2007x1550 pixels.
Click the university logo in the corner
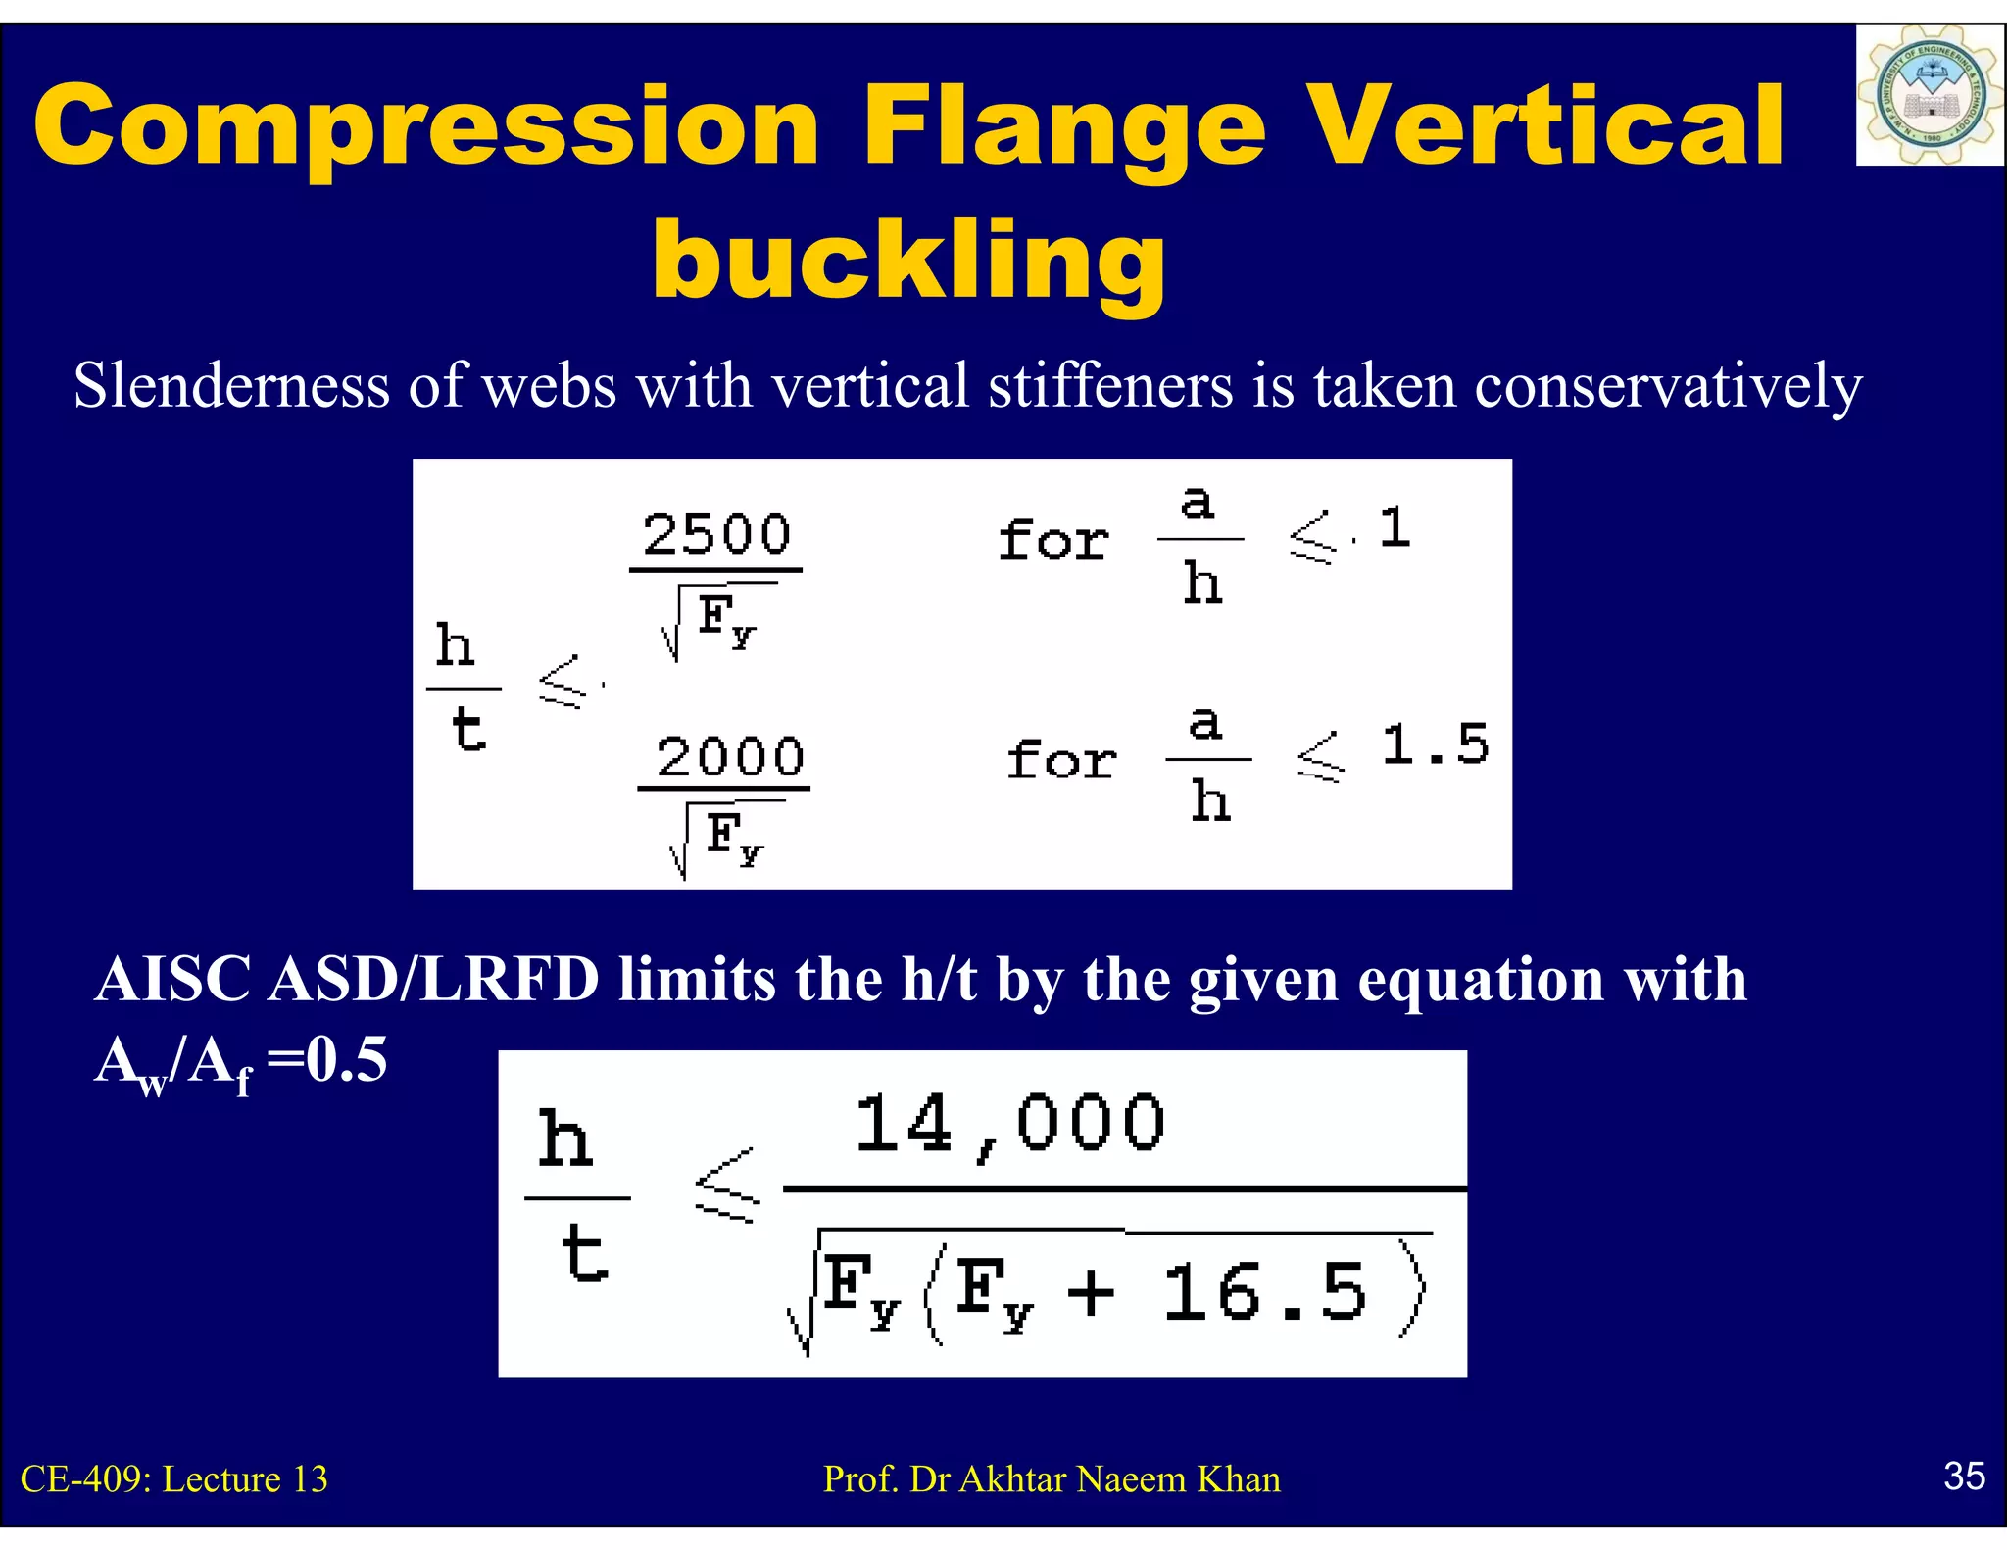pos(1929,95)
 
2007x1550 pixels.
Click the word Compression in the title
pos(426,127)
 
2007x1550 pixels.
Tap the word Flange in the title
pos(1064,127)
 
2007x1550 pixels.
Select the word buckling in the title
pos(908,260)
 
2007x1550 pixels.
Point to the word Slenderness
pos(231,385)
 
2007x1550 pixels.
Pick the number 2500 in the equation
pos(716,534)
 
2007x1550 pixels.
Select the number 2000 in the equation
pos(730,756)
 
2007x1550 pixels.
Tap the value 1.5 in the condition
pos(1435,745)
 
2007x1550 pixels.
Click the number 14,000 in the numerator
pos(1009,1124)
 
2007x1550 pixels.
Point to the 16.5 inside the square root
pos(1264,1292)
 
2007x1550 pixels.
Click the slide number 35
pos(1964,1476)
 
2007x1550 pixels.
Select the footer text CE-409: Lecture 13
pos(174,1479)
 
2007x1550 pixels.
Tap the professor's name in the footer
pos(1052,1479)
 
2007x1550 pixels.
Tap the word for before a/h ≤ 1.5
pos(1061,759)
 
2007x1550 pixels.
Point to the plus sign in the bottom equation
pos(1091,1292)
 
